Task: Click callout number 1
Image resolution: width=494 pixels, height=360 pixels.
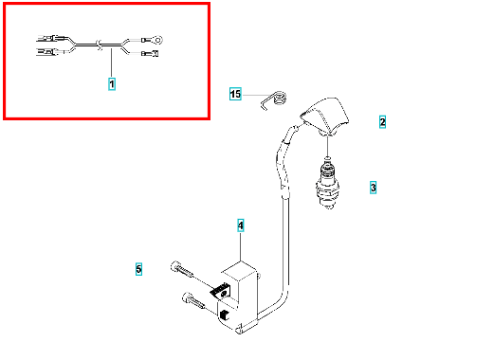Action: (x=112, y=84)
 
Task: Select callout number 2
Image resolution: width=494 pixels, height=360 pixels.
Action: (x=382, y=122)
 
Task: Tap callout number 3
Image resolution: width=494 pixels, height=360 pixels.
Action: (x=373, y=188)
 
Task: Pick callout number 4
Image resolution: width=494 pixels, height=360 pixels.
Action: (x=241, y=225)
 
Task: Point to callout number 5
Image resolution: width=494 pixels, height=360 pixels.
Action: (x=138, y=269)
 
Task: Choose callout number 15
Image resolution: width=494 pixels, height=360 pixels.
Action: (x=235, y=94)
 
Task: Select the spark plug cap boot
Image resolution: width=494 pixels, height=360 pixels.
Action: (x=325, y=117)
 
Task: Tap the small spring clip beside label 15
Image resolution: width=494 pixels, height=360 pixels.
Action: (x=274, y=100)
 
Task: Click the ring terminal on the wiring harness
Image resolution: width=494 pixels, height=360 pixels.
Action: (x=157, y=40)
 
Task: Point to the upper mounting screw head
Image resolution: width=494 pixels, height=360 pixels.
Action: (x=174, y=266)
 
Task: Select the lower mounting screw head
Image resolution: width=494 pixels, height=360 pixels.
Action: (x=187, y=297)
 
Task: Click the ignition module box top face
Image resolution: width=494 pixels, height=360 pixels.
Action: (x=239, y=271)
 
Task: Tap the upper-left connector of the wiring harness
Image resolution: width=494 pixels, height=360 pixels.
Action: (x=52, y=39)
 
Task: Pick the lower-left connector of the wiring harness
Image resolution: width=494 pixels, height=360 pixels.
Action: (x=50, y=51)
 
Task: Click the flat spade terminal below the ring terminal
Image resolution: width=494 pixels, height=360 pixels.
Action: (x=155, y=53)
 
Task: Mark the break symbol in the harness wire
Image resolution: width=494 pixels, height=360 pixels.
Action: (x=100, y=45)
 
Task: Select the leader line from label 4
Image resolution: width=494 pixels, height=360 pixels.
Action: (x=241, y=246)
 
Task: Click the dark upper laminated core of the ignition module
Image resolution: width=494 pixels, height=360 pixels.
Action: (x=220, y=290)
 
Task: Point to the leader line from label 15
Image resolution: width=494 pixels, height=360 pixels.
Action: (x=257, y=95)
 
